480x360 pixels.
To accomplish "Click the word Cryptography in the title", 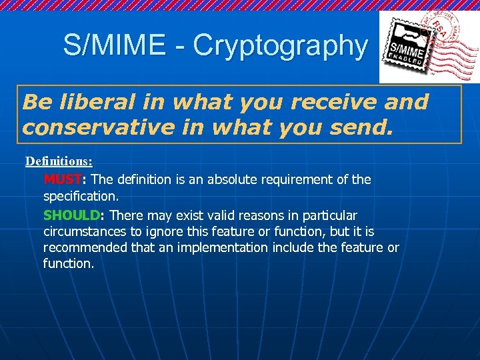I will (x=280, y=45).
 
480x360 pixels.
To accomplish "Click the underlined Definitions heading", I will (x=59, y=161).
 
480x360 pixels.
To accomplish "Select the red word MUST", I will (x=62, y=180).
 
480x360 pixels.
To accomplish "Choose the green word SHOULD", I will (x=71, y=216).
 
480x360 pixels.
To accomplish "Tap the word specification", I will (x=80, y=197).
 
